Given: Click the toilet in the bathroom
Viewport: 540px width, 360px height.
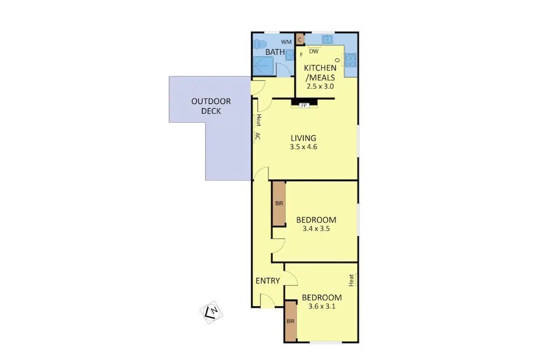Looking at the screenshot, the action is [260, 44].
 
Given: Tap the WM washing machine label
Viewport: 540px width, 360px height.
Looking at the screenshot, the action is [286, 42].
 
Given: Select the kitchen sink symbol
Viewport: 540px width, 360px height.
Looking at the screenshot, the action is [327, 39].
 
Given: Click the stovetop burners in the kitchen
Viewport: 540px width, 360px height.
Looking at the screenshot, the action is [351, 60].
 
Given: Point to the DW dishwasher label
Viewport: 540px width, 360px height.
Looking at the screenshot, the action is [314, 51].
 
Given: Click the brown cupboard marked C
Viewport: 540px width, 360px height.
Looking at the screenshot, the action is [300, 40].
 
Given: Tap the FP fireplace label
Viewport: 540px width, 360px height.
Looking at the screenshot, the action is [304, 105].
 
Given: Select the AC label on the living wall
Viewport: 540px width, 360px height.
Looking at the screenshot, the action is [257, 137].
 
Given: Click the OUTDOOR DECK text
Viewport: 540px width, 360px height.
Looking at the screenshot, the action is [211, 106].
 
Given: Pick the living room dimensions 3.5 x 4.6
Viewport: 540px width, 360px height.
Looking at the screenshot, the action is [303, 147].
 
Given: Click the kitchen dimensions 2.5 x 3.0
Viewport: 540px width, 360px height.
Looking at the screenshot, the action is [320, 86].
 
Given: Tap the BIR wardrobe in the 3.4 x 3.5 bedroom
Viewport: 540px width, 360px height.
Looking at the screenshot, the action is [279, 203].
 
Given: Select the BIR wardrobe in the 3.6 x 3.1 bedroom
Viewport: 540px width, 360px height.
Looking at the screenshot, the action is [291, 322].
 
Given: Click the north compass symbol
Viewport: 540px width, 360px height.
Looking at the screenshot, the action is [211, 312].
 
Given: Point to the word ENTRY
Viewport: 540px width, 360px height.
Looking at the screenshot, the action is [267, 281].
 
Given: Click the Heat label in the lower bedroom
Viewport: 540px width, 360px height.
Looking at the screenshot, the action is [351, 280].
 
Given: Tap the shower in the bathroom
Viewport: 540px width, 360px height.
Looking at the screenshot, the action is [264, 66].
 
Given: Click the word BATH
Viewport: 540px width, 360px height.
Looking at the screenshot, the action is [275, 52].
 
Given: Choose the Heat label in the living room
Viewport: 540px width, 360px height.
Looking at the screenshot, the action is [258, 120].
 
